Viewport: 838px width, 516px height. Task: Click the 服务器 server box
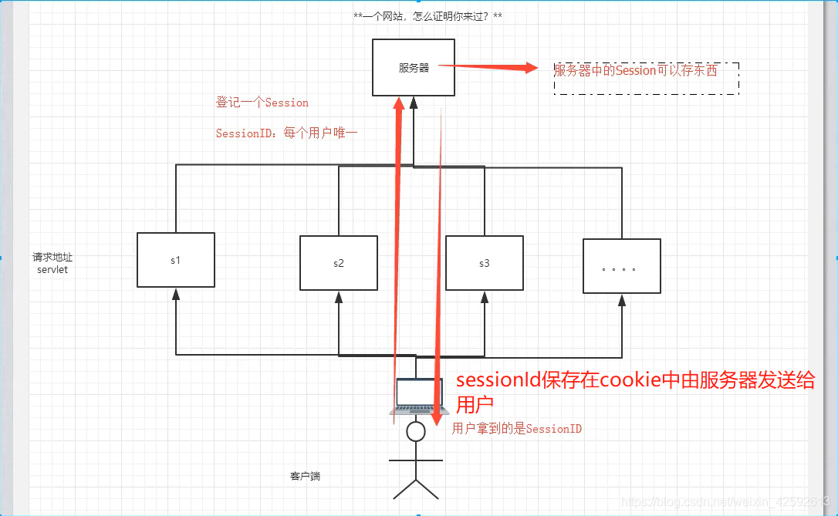click(x=414, y=68)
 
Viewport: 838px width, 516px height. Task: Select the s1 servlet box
click(x=176, y=260)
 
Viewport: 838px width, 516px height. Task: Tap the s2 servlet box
click(x=339, y=263)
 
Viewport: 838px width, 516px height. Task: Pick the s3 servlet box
click(x=484, y=263)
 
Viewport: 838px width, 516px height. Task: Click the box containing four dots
click(x=622, y=266)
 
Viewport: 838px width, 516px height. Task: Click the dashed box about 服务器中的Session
click(x=647, y=79)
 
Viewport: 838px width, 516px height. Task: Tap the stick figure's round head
click(x=416, y=431)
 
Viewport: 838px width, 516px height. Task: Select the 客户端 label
click(x=305, y=477)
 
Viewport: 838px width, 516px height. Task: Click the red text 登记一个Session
click(x=262, y=103)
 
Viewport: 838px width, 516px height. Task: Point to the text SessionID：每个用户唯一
click(x=286, y=133)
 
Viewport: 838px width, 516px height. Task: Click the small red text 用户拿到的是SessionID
click(x=517, y=429)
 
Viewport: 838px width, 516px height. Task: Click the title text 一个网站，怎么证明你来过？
click(x=417, y=16)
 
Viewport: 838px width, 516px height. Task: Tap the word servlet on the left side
click(x=52, y=271)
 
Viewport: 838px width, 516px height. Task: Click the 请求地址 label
click(x=52, y=258)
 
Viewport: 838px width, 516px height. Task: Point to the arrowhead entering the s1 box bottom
click(x=176, y=293)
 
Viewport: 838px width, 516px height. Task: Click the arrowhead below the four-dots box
click(x=622, y=299)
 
